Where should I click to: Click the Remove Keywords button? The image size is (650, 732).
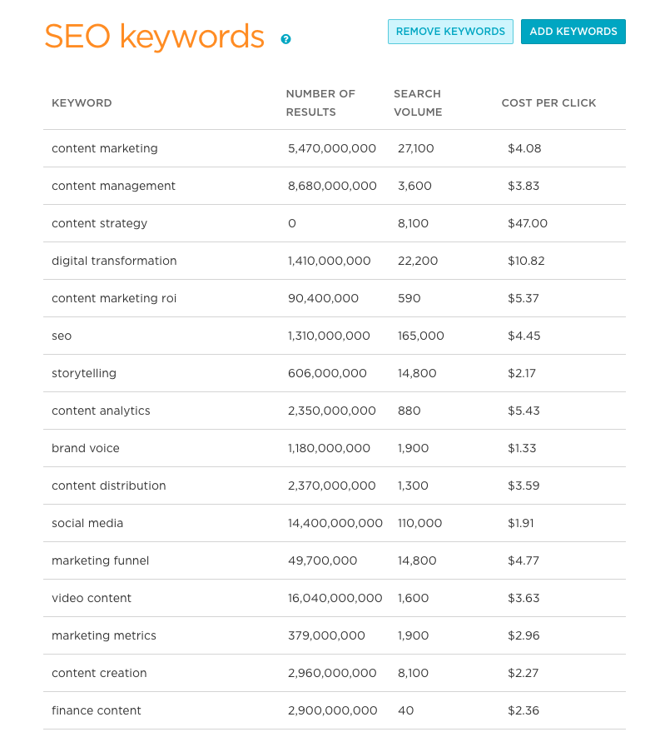coord(450,32)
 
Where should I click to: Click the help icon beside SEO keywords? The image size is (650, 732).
coord(286,39)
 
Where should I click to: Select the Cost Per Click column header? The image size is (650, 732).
coord(548,103)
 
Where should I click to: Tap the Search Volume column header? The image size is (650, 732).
coord(418,103)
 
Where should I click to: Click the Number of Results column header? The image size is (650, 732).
coord(320,103)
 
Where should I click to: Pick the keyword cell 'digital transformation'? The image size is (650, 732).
coord(114,261)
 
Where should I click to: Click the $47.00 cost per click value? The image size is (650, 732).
coord(528,223)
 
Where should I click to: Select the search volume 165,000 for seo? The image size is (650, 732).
coord(421,336)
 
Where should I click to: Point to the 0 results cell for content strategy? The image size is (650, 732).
coord(292,223)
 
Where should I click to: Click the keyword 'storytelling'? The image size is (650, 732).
coord(84,373)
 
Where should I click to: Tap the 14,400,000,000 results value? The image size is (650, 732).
coord(335,523)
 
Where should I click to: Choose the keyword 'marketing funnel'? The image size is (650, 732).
coord(101,560)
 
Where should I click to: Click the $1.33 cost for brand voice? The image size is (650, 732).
coord(522,448)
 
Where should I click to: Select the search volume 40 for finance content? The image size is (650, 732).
coord(406,710)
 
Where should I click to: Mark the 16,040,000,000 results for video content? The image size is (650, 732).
coord(335,598)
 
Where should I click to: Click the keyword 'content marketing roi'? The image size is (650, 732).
coord(114,298)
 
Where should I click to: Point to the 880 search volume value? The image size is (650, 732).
coord(409,411)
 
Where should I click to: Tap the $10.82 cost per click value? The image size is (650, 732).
coord(526,261)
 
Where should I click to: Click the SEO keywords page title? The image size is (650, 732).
coord(154,37)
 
